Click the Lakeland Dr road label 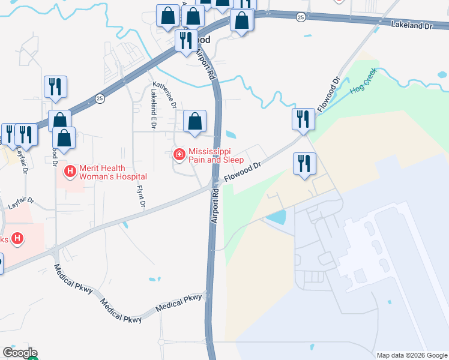[411, 25]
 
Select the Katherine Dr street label [164, 95]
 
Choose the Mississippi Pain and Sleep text [216, 156]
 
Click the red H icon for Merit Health [70, 172]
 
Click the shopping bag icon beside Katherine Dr [194, 121]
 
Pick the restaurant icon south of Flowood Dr [305, 163]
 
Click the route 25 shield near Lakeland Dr [300, 17]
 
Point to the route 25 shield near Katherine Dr [100, 98]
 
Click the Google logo [20, 353]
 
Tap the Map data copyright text [412, 355]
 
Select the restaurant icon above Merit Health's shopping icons [55, 86]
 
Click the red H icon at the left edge [18, 239]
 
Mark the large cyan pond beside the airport [276, 217]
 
